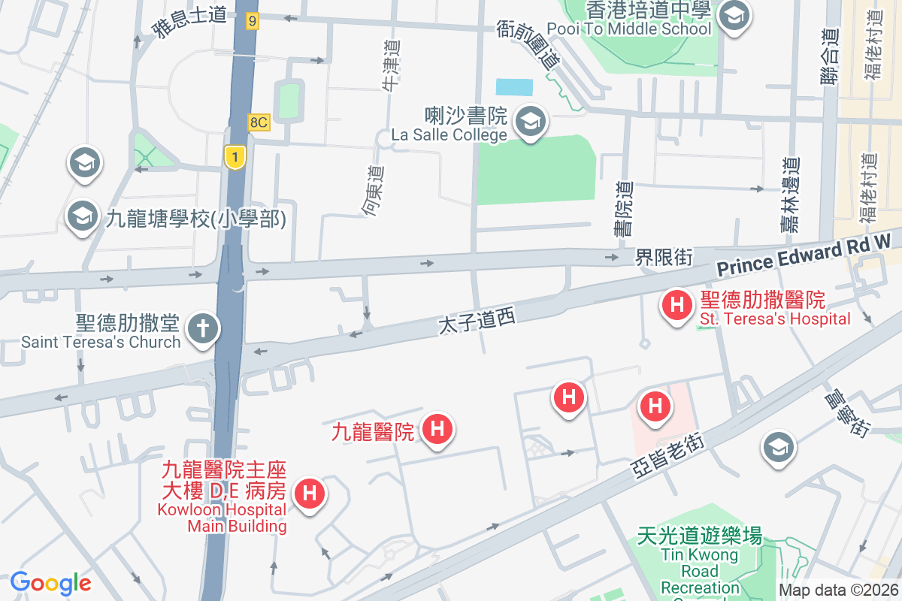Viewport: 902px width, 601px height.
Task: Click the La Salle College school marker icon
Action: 531,122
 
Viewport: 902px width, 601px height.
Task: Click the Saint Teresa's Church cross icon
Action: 201,330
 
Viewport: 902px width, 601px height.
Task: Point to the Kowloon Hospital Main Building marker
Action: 309,495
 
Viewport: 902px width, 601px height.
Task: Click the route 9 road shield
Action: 252,22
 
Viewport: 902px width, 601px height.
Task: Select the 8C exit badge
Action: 259,122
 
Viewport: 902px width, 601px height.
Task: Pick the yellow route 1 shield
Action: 235,157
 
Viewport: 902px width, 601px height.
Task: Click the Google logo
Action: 50,582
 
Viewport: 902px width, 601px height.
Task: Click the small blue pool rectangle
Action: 514,86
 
